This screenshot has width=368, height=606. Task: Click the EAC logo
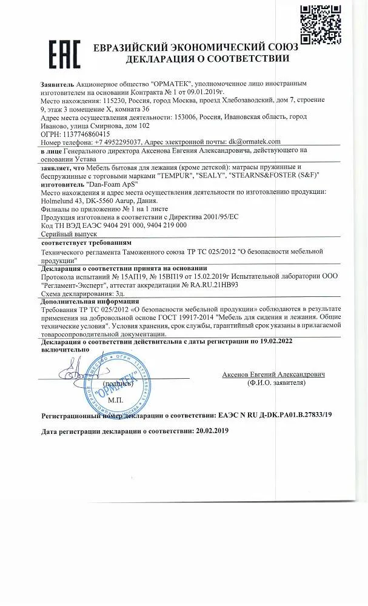62,53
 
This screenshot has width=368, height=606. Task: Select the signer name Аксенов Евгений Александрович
273,375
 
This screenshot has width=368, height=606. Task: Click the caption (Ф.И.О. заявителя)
273,384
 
